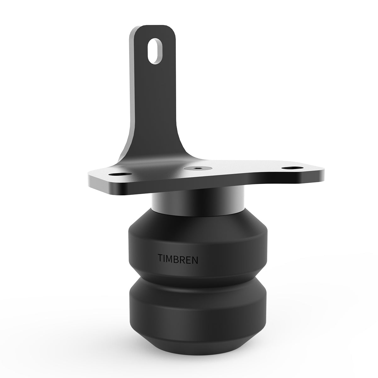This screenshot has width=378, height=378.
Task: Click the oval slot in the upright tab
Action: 156,51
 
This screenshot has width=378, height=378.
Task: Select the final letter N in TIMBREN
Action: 195,260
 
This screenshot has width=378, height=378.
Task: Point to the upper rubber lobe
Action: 198,239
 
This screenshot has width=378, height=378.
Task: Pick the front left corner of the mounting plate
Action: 91,183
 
